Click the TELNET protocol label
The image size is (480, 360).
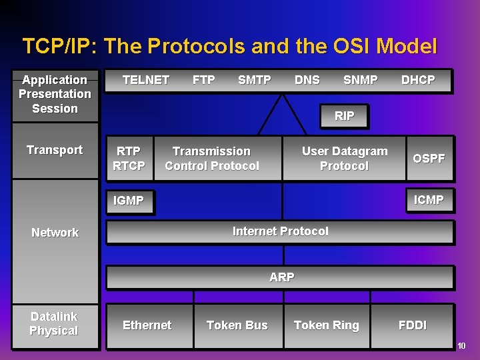[x=146, y=80]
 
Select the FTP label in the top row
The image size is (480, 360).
[x=203, y=80]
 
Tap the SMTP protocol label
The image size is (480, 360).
[x=255, y=80]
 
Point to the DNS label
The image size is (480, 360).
[x=307, y=80]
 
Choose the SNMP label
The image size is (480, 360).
[x=360, y=80]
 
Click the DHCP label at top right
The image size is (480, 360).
[x=418, y=80]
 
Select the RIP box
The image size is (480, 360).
[x=344, y=116]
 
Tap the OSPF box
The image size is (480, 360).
[x=429, y=159]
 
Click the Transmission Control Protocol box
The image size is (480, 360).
[x=212, y=159]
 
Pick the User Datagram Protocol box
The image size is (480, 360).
[x=344, y=159]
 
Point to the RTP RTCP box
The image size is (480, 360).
[x=129, y=159]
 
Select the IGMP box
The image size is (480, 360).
[x=129, y=201]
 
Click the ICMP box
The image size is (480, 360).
[x=429, y=200]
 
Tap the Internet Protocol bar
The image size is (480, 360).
[x=280, y=231]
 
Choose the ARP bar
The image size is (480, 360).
[x=281, y=277]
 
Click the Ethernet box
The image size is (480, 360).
[x=147, y=325]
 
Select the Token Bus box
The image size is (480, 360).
[x=237, y=325]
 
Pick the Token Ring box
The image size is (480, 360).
[x=326, y=325]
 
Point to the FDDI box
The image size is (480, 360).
[x=412, y=325]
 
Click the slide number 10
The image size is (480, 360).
[x=461, y=345]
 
